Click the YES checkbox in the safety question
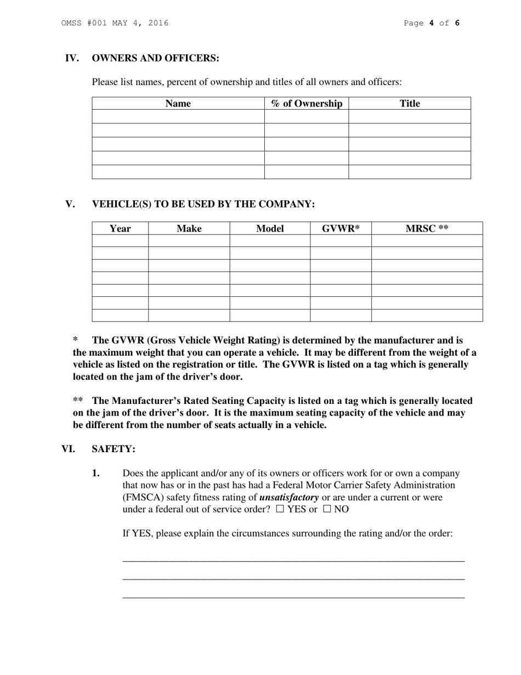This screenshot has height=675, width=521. pyautogui.click(x=280, y=509)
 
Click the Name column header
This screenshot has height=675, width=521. pyautogui.click(x=178, y=104)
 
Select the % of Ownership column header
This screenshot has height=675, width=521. pyautogui.click(x=307, y=104)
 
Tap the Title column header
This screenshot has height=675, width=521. pyautogui.click(x=410, y=104)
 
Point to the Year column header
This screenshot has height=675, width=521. pyautogui.click(x=120, y=229)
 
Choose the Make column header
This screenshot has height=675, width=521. pyautogui.click(x=189, y=229)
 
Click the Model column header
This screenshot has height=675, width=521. pyautogui.click(x=270, y=229)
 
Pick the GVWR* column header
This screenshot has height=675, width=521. pyautogui.click(x=341, y=229)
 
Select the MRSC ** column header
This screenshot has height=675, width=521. pyautogui.click(x=427, y=229)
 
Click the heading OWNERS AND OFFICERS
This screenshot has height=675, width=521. pyautogui.click(x=155, y=59)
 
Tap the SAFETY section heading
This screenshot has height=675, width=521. pyautogui.click(x=114, y=449)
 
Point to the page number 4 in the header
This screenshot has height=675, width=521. pyautogui.click(x=432, y=23)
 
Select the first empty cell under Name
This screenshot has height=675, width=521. pyautogui.click(x=178, y=116)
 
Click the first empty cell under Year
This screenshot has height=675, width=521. pyautogui.click(x=120, y=241)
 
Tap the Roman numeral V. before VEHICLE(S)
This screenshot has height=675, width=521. pyautogui.click(x=70, y=204)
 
